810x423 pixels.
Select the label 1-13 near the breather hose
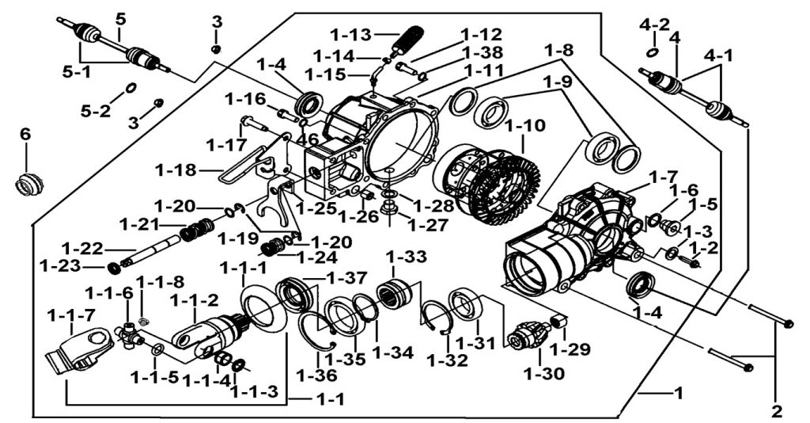(x=350, y=35)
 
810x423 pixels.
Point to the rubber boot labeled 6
(x=29, y=183)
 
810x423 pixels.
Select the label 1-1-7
(x=70, y=314)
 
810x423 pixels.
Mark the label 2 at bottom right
(x=776, y=411)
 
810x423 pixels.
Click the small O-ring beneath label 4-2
(x=651, y=51)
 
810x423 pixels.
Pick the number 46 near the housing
(x=307, y=139)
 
